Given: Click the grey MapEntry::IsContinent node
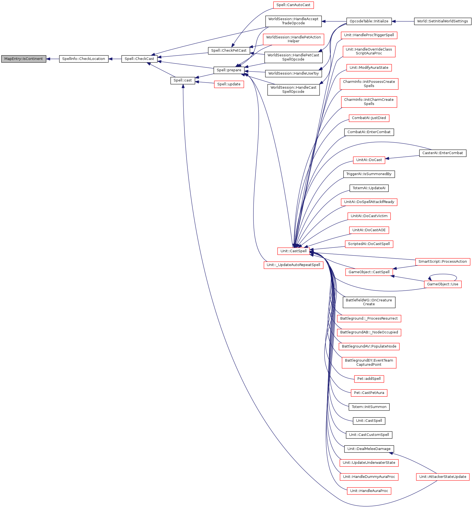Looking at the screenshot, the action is point(24,59).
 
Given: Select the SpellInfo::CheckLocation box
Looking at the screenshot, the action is point(84,59).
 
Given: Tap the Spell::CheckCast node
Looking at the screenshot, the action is point(139,59).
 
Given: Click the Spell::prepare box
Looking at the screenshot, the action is point(229,70).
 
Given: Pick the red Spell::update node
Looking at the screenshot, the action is point(229,84).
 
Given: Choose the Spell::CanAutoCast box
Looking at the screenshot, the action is point(293,5).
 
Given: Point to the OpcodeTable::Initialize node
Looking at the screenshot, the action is point(369,21).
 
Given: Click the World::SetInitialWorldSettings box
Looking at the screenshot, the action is point(443,21).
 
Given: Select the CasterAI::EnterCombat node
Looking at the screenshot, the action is point(443,153).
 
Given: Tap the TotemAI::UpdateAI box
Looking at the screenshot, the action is point(369,188).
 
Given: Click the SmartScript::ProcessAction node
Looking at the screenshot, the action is point(443,262).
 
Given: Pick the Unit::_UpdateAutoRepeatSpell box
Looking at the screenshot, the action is point(293,265).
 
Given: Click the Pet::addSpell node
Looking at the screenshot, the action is point(369,379).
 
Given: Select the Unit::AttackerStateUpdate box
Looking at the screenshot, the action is point(443,477).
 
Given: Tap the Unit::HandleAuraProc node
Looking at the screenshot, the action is point(369,491).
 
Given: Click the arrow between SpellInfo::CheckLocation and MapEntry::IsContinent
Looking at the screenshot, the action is point(53,59).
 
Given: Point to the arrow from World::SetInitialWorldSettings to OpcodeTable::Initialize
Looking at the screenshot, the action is point(403,21).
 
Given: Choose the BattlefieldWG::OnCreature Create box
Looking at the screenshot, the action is point(369,302).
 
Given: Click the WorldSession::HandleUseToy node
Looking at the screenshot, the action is point(293,73).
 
